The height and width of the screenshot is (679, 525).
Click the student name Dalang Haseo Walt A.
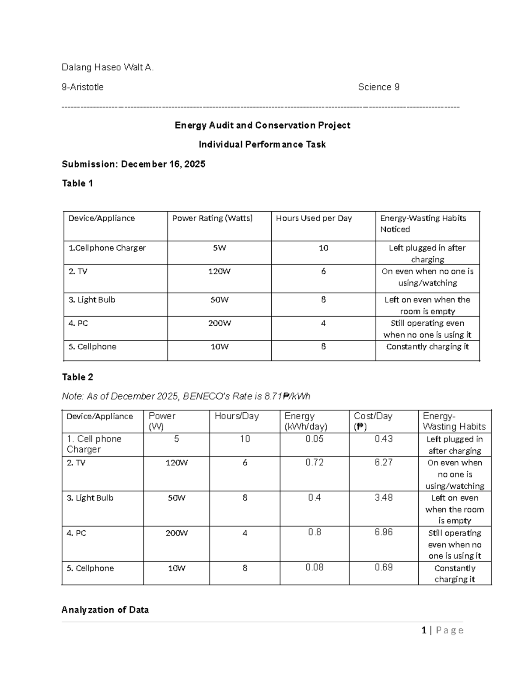[x=108, y=67]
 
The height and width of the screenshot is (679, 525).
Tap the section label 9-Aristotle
[x=83, y=87]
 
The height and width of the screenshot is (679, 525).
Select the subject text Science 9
[x=378, y=87]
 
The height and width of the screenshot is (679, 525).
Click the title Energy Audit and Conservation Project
[x=262, y=125]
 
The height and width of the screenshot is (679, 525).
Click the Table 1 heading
[x=77, y=184]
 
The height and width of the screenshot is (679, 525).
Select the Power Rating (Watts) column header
[x=212, y=218]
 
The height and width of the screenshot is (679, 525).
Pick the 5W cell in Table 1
[x=219, y=248]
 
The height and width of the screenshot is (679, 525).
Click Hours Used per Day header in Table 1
[x=314, y=218]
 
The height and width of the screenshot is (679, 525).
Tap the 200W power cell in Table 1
[x=219, y=324]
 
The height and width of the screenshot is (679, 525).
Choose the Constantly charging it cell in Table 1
[x=427, y=347]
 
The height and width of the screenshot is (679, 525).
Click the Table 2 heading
[x=77, y=377]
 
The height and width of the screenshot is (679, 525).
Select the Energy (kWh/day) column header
[x=306, y=421]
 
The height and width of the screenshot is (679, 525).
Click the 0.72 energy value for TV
[x=315, y=463]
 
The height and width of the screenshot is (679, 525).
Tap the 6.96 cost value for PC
[x=384, y=532]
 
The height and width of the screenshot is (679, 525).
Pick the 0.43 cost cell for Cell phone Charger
[x=384, y=439]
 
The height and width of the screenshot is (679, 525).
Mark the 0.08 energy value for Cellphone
[x=315, y=568]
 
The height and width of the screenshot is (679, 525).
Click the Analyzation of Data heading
[x=105, y=610]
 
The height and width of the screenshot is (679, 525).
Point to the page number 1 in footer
[x=423, y=630]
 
